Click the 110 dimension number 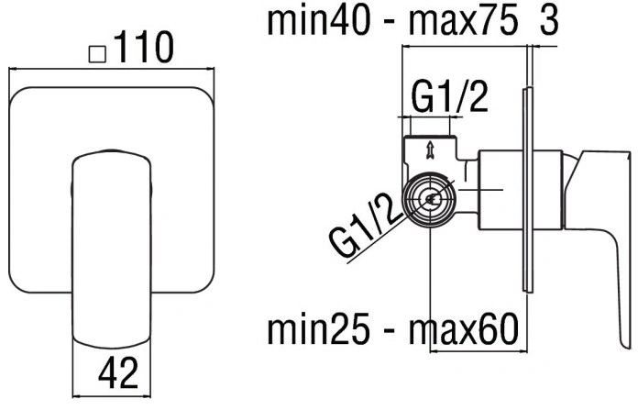pos(144,47)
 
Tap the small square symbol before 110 pos(97,54)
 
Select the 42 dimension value pos(118,372)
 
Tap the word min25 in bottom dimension pos(319,329)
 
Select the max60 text pos(464,329)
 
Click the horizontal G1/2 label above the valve pos(449,97)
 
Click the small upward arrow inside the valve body pos(429,150)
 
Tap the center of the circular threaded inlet pos(430,199)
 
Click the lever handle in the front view pos(112,249)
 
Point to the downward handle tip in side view pos(627,344)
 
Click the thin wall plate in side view pos(528,190)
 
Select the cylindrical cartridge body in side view pos(521,190)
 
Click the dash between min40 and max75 pos(390,24)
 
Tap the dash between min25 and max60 pos(390,332)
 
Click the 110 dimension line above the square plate pos(112,69)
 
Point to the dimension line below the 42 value pos(112,396)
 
